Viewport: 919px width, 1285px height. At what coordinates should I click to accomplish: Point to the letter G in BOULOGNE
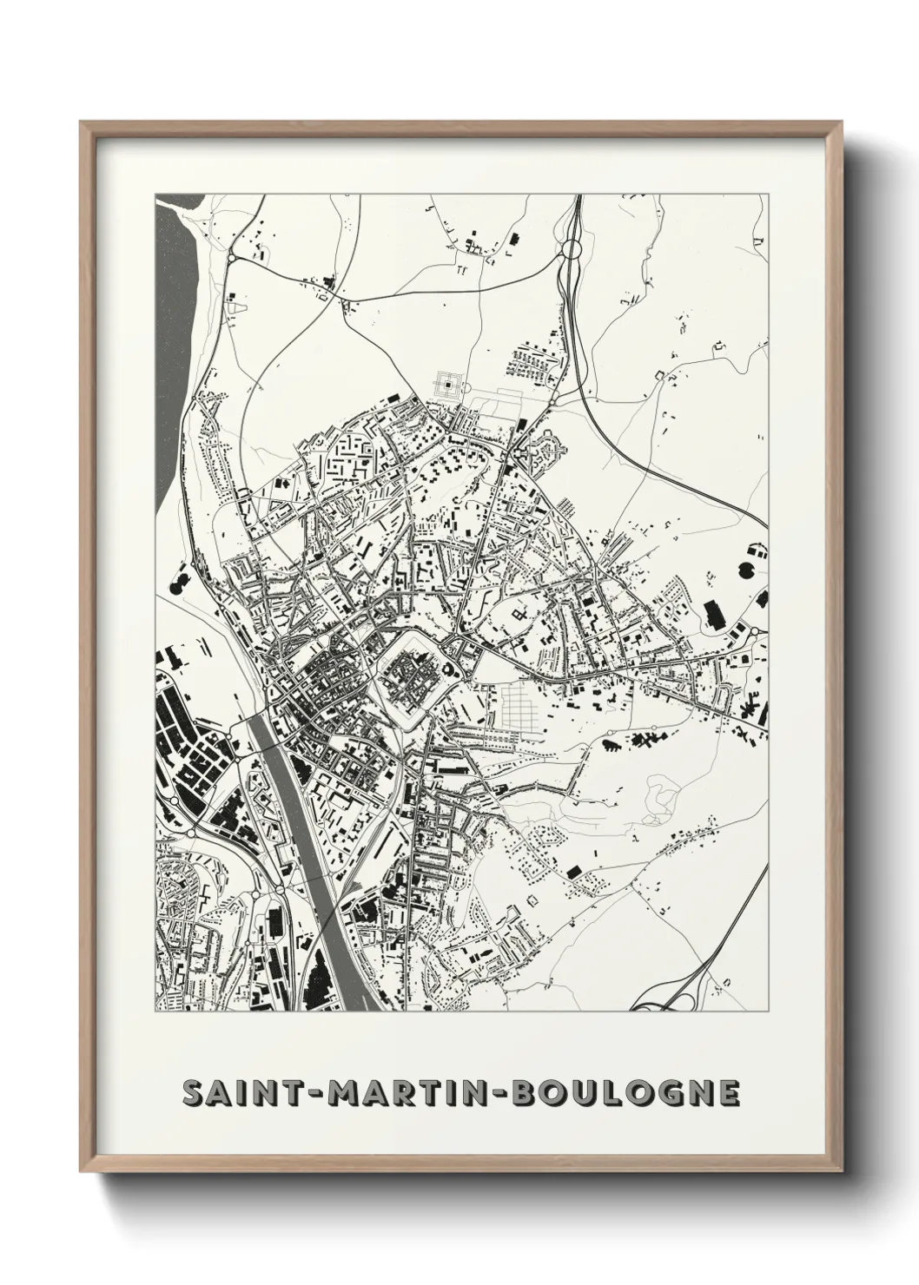(664, 1093)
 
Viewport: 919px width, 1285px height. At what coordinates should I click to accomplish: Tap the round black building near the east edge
(746, 570)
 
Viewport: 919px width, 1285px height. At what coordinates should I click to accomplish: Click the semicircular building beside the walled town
(448, 669)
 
